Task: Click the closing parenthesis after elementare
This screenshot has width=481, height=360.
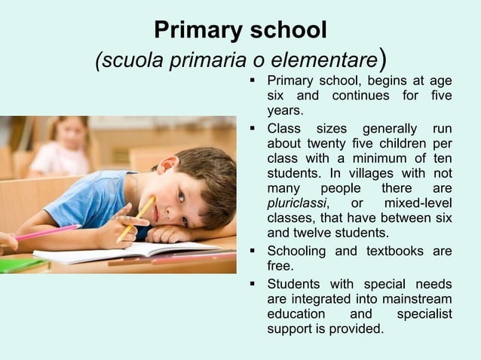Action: pyautogui.click(x=384, y=59)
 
